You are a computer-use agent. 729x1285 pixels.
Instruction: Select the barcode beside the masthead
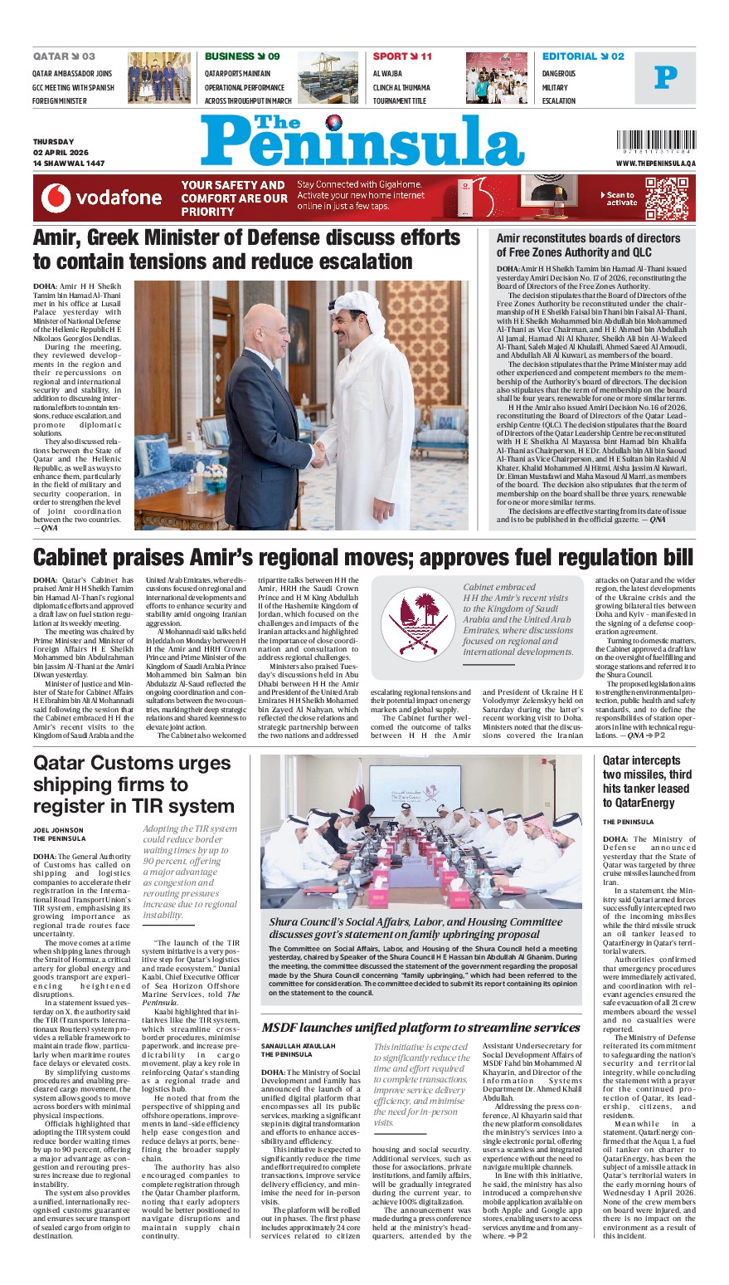click(655, 139)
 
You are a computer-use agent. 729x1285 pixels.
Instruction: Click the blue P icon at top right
click(665, 78)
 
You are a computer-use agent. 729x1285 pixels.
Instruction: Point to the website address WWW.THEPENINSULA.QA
click(655, 164)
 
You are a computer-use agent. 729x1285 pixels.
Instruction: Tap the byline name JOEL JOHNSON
click(58, 830)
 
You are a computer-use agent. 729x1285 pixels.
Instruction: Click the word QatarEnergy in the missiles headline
click(637, 802)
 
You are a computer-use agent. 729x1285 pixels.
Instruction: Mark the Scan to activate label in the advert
click(621, 198)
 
